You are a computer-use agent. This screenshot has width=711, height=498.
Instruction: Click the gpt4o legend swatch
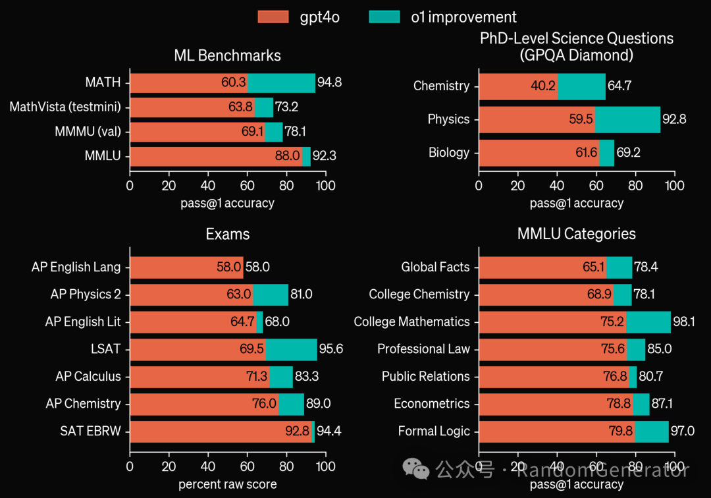[273, 17]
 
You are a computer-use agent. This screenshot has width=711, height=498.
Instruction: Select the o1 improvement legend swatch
[384, 17]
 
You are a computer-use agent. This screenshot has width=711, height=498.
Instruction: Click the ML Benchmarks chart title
[227, 55]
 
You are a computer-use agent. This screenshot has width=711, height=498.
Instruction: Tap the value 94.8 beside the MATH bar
[329, 83]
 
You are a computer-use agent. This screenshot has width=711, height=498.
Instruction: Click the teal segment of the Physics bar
[627, 119]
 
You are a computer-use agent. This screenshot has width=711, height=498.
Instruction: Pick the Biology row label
[449, 153]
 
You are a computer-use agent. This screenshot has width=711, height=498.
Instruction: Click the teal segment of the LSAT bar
[291, 349]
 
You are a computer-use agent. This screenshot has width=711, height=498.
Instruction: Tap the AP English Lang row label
[76, 267]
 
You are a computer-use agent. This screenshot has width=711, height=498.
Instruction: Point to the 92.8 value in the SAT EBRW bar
[297, 431]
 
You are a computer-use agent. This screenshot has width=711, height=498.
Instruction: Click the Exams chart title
[227, 234]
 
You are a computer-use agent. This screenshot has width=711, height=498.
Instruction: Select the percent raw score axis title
[227, 485]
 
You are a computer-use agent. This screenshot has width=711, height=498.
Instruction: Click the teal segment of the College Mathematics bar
[648, 322]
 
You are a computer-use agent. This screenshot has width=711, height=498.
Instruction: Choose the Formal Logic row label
[434, 431]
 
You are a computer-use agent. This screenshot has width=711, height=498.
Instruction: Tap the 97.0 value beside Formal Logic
[683, 431]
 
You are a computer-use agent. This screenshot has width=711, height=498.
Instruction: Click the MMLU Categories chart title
[576, 234]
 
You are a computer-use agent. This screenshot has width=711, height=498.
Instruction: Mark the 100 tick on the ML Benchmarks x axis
[325, 186]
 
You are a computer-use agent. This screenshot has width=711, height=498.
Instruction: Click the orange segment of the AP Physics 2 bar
[191, 294]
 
